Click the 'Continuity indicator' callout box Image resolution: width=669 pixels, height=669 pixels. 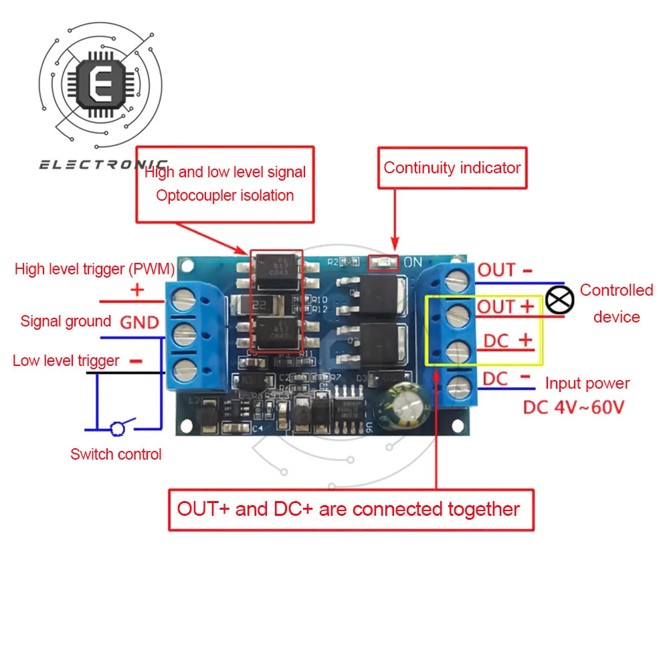click(x=452, y=168)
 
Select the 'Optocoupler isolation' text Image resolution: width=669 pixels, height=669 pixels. click(x=225, y=195)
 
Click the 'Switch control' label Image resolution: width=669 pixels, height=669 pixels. click(x=116, y=455)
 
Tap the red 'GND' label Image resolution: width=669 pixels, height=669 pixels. click(x=139, y=322)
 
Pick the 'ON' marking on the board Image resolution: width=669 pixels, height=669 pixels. click(x=413, y=262)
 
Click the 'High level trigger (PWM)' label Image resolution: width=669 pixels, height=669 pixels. click(x=94, y=270)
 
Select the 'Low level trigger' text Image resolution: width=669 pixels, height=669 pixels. click(x=66, y=361)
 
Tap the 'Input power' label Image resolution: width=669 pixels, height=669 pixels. click(x=587, y=384)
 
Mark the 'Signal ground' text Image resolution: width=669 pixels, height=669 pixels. click(x=66, y=322)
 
